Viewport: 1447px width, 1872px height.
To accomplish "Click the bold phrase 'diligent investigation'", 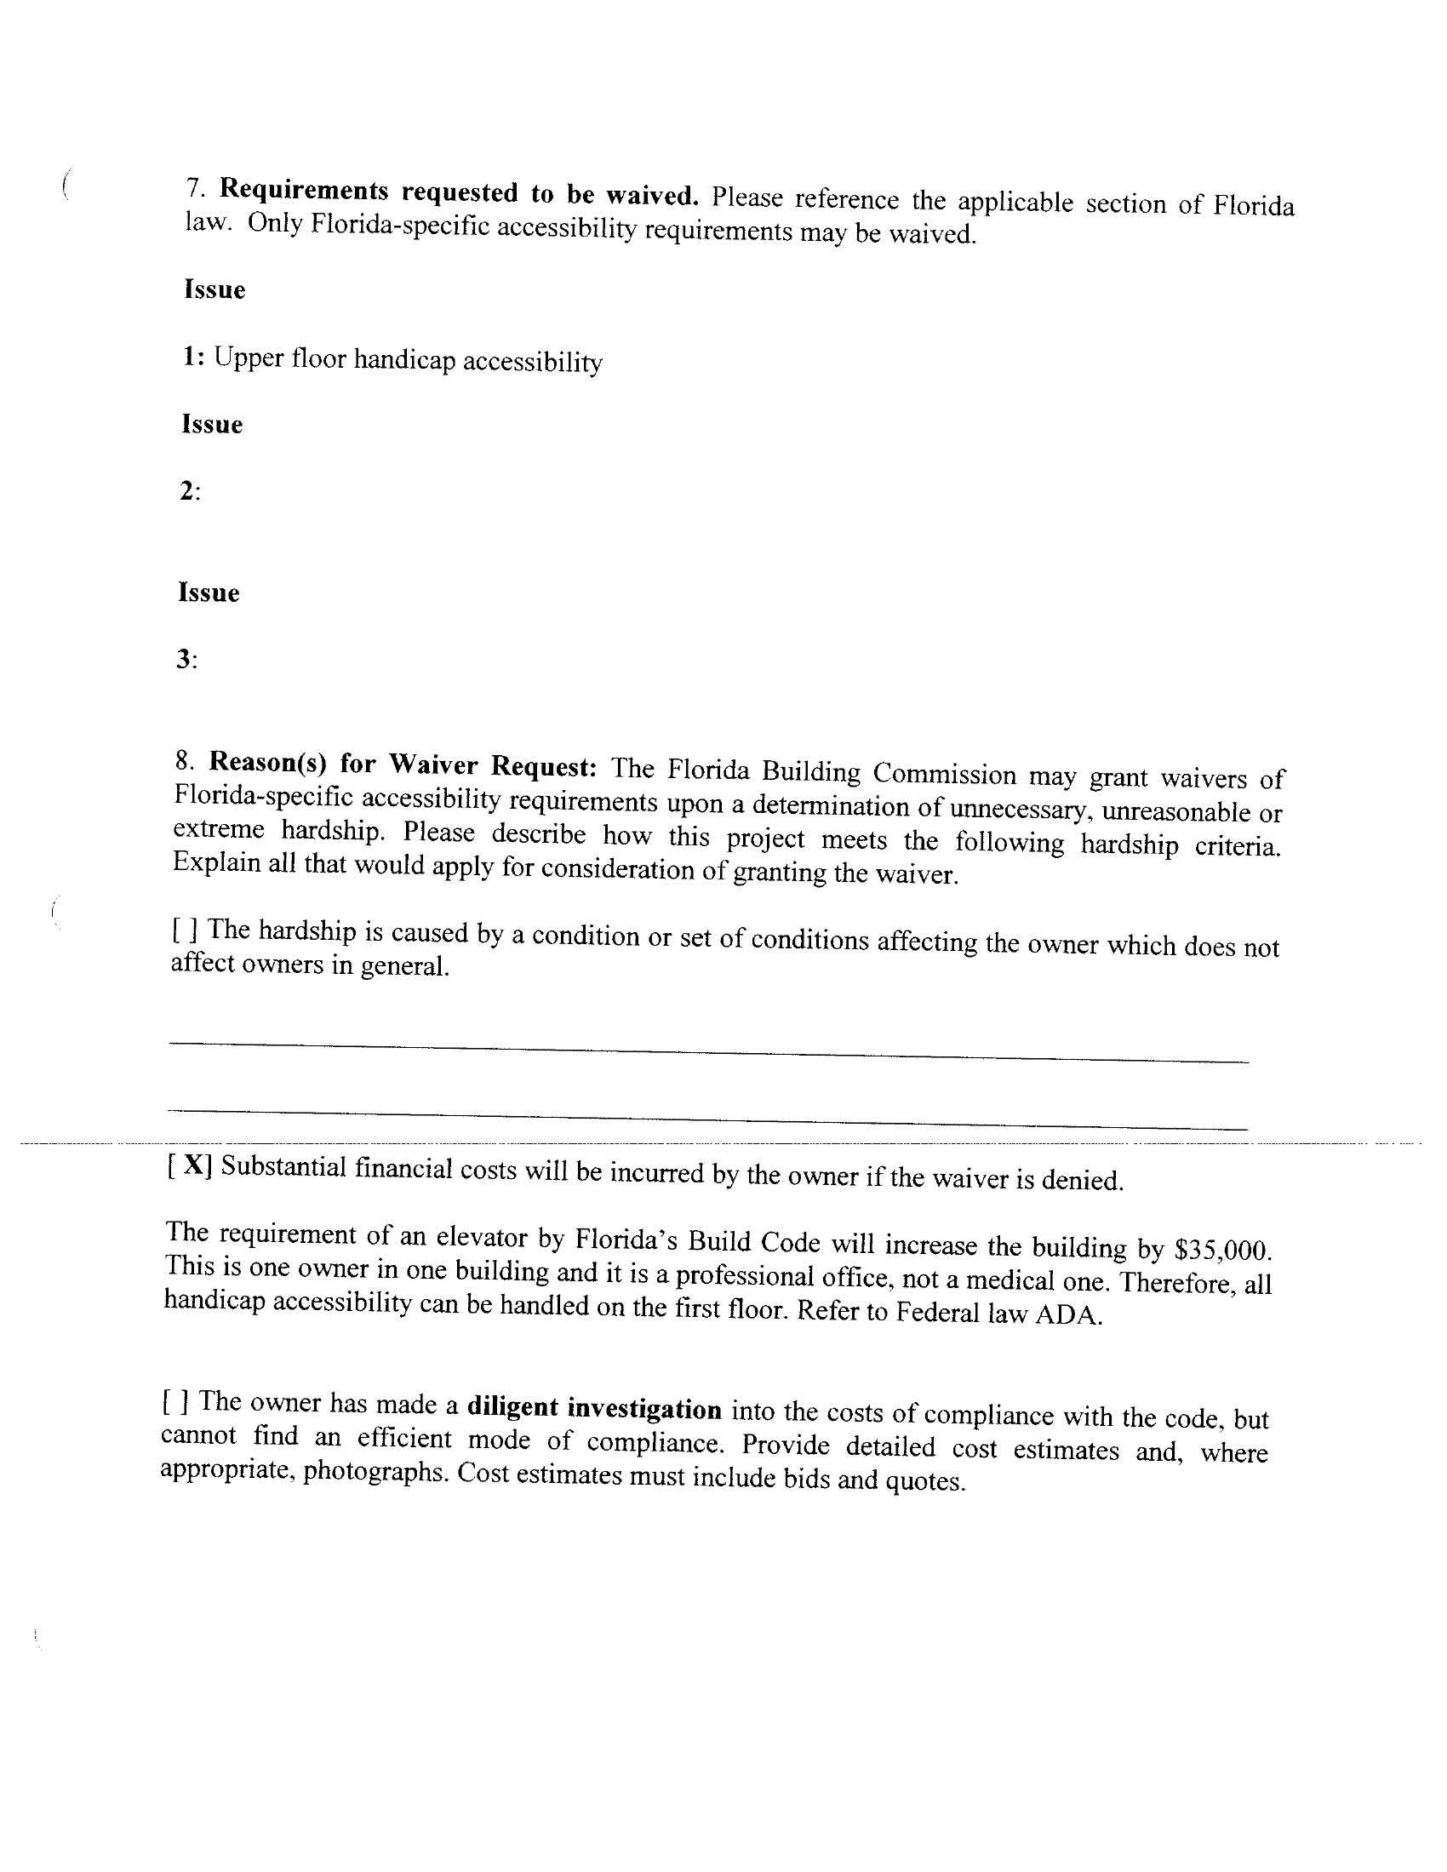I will [594, 1408].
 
